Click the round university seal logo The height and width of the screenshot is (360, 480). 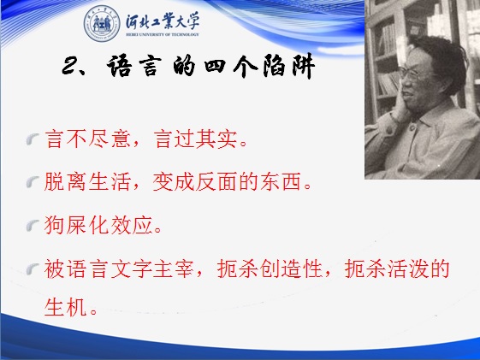tap(102, 24)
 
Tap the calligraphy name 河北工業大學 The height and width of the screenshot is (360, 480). tap(163, 21)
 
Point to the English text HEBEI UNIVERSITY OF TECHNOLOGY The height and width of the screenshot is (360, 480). tap(163, 34)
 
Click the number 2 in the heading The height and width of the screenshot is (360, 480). tap(71, 66)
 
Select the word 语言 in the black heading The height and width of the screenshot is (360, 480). tap(134, 66)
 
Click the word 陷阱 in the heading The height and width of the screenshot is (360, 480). tap(288, 66)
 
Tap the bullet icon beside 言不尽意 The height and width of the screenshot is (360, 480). tap(33, 139)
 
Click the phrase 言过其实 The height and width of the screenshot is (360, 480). tap(196, 139)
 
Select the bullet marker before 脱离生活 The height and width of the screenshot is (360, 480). tap(33, 182)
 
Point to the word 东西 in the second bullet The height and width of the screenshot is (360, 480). tap(281, 181)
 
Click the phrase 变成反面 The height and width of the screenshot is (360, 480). tap(195, 181)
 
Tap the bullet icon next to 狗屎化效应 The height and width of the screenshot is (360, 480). tap(33, 226)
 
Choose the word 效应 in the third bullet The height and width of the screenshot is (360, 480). tap(132, 225)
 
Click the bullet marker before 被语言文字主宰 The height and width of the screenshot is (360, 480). tap(33, 269)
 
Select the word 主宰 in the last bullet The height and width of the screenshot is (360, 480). tap(174, 269)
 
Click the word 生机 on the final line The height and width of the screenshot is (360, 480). tap(66, 307)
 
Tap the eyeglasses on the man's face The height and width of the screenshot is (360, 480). tap(414, 74)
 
